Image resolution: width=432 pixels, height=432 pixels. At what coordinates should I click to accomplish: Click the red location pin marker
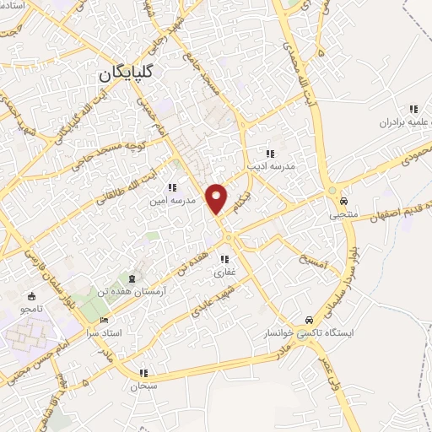pyautogui.click(x=218, y=198)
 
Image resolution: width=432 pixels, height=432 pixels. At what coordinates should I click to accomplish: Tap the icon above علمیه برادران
pyautogui.click(x=413, y=109)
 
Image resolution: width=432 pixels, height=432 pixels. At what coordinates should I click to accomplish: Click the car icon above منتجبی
pyautogui.click(x=344, y=202)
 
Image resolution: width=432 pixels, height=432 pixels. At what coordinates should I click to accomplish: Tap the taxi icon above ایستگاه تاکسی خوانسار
pyautogui.click(x=311, y=320)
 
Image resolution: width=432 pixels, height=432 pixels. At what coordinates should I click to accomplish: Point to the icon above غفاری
pyautogui.click(x=225, y=259)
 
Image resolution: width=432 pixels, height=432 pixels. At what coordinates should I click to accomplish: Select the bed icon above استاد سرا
pyautogui.click(x=104, y=320)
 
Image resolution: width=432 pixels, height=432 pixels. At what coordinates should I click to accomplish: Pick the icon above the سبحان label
pyautogui.click(x=144, y=373)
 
